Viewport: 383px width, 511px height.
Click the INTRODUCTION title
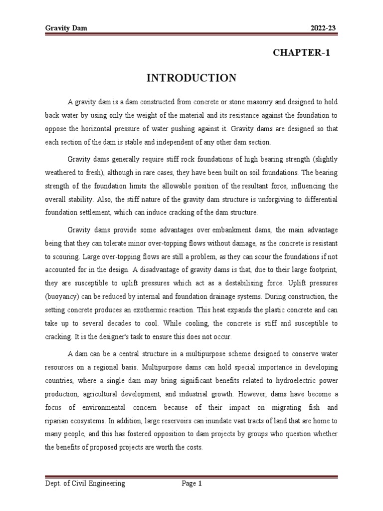click(x=191, y=78)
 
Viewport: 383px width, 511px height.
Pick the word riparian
click(x=57, y=421)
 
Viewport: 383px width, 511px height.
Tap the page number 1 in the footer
click(x=200, y=484)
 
